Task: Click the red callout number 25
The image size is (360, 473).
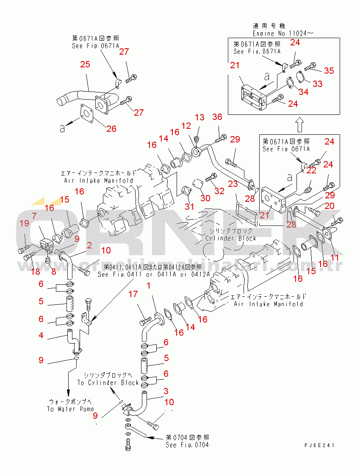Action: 85,64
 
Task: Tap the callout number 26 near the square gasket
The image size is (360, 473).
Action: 111,128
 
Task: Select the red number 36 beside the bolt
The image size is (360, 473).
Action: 217,117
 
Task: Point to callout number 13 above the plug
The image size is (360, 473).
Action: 199,117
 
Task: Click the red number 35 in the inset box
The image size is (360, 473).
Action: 329,70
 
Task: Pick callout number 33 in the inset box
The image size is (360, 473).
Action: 317,83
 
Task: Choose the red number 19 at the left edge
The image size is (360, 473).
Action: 24,223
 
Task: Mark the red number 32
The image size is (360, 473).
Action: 219,191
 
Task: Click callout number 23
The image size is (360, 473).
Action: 233,184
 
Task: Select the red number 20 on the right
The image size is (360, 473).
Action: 329,206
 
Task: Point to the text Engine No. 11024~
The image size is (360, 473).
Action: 284,33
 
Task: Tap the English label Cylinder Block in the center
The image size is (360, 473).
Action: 231,238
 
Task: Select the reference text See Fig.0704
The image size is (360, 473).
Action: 187,445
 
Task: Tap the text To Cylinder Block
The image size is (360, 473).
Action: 108,383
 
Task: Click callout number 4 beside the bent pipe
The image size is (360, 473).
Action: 41,335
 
